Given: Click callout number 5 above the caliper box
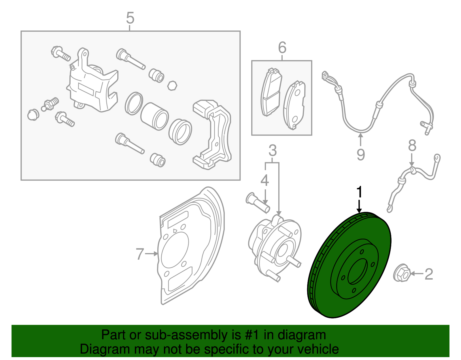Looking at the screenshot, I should tap(130, 18).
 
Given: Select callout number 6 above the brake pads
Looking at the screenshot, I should tap(282, 48).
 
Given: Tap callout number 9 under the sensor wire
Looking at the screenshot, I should tap(360, 155).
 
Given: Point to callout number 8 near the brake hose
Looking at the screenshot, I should tap(412, 146).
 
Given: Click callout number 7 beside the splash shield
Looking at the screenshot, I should tap(140, 254).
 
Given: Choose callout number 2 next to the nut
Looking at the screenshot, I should tap(429, 274).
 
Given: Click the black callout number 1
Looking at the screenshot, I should tap(359, 192).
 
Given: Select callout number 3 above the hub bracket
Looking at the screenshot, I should tap(272, 151).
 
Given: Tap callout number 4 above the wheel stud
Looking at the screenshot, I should tap(264, 180).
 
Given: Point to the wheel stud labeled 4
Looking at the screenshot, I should tap(258, 203).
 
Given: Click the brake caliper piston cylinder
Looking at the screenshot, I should tap(155, 116).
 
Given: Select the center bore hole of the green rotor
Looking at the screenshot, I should tap(358, 271).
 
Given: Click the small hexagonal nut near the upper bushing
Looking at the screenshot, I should tap(172, 86).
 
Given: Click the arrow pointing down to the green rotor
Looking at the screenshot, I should tap(359, 207).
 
